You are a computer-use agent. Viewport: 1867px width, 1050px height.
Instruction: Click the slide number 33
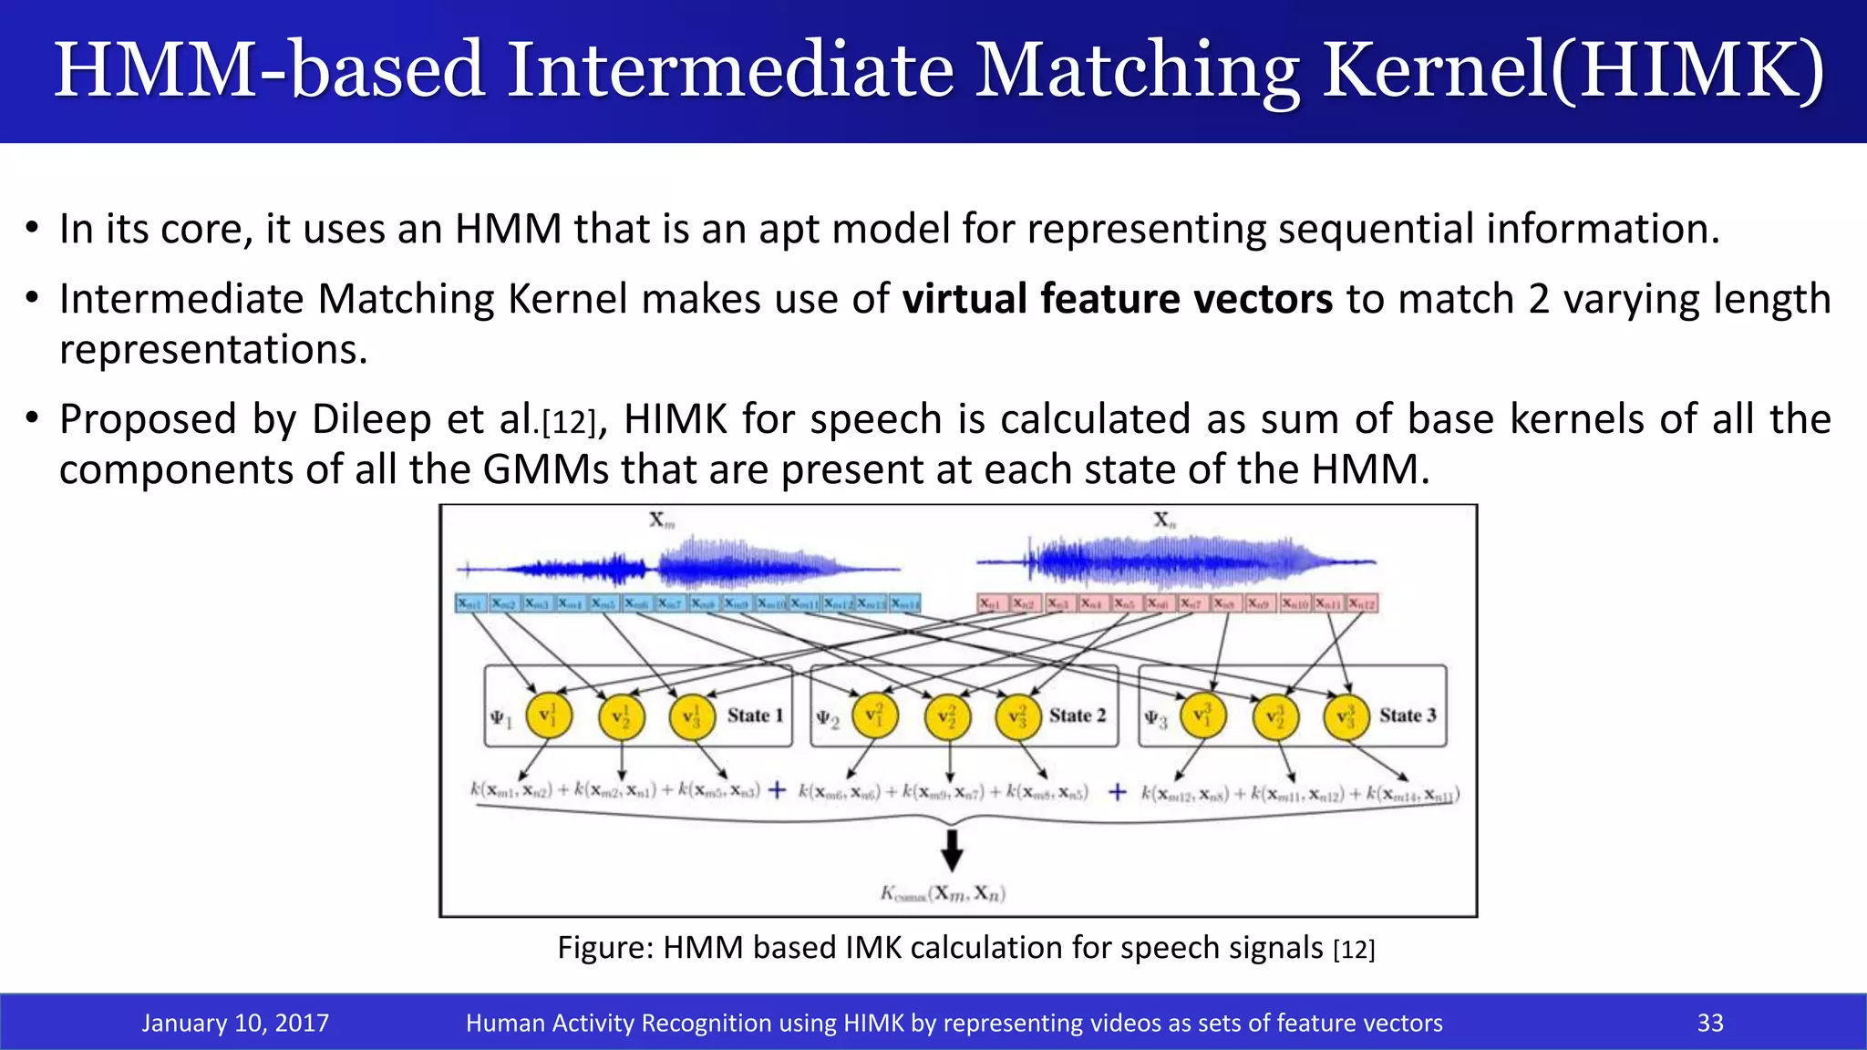[x=1710, y=1023]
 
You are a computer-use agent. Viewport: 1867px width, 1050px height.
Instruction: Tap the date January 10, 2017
[x=235, y=1023]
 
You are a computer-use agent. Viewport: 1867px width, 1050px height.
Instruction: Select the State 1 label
[x=755, y=715]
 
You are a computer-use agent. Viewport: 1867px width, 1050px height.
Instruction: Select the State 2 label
[x=1077, y=715]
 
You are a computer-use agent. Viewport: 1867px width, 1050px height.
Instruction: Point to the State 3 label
[x=1407, y=715]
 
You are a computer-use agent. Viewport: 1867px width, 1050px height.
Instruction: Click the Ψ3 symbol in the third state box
[x=1156, y=719]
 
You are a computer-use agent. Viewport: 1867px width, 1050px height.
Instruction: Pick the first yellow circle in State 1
[x=549, y=715]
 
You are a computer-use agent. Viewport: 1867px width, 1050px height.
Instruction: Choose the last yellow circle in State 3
[x=1346, y=716]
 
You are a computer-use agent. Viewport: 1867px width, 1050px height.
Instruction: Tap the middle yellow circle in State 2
[x=948, y=716]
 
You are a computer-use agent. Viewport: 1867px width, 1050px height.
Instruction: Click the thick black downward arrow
[x=952, y=849]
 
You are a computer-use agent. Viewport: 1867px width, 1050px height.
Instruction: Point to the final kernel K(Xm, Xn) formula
[x=943, y=893]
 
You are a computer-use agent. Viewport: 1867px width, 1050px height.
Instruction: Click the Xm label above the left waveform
[x=662, y=520]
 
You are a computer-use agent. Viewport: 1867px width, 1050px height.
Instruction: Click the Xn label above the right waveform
[x=1165, y=520]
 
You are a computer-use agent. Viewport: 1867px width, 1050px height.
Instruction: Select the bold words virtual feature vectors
[x=1118, y=299]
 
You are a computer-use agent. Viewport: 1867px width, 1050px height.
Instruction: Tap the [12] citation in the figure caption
[x=1354, y=950]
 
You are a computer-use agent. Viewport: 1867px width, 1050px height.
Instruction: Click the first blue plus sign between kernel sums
[x=777, y=790]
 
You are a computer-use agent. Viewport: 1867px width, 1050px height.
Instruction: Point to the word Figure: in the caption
[x=605, y=948]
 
